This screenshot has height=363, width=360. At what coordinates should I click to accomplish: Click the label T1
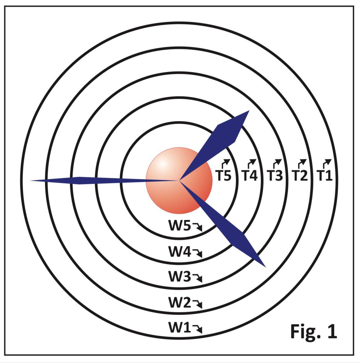click(x=325, y=175)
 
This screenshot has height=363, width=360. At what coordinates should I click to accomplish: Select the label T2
click(x=300, y=175)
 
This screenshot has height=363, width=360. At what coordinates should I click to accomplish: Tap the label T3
click(x=274, y=175)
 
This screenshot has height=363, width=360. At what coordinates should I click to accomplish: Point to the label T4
click(x=249, y=175)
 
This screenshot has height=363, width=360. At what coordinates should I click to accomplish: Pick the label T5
click(x=224, y=175)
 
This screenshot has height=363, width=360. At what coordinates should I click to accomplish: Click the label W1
click(x=179, y=327)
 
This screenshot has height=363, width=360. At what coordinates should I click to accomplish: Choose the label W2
click(x=179, y=303)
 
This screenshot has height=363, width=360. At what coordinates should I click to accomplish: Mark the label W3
click(x=179, y=276)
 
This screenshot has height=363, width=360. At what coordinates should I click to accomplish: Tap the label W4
click(x=179, y=251)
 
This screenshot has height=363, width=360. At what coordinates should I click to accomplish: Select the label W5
click(x=179, y=226)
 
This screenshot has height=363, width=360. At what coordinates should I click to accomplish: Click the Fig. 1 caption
click(x=313, y=331)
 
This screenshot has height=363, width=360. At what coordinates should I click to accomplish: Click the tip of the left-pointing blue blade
click(x=31, y=181)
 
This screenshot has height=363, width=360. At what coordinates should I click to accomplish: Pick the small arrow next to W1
click(x=198, y=329)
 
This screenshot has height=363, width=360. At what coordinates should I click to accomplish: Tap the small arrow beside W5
click(x=198, y=227)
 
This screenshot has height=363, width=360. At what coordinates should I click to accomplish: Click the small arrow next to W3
click(x=198, y=278)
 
